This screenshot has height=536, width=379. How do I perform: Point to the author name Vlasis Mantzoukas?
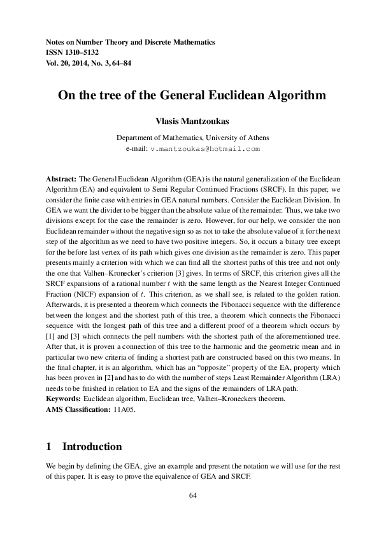pos(189,120)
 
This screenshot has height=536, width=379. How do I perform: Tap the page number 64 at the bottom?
pos(189,496)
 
